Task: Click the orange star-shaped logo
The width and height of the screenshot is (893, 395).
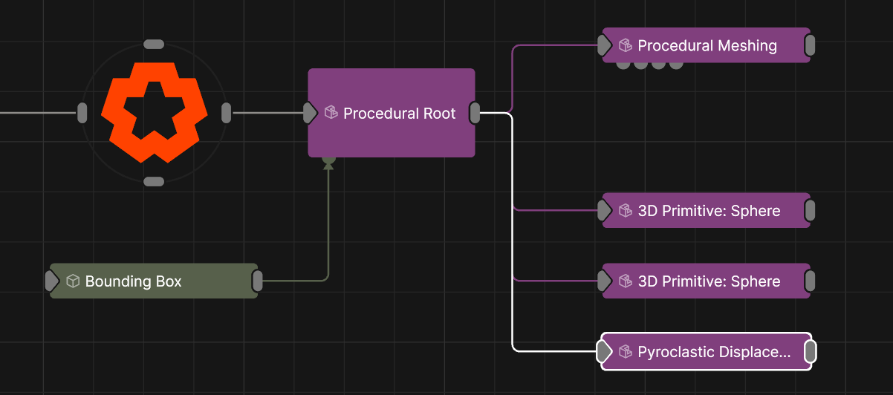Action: [155, 112]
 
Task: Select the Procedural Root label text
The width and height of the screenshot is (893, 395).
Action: [399, 114]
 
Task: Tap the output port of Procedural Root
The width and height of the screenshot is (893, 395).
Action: [475, 113]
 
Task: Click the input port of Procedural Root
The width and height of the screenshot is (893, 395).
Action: [310, 113]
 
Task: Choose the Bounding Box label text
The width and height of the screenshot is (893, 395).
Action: [133, 281]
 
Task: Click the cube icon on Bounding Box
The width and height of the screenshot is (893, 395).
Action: [73, 281]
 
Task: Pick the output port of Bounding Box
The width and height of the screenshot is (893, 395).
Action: [258, 281]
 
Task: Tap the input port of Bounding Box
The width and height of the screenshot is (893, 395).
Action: [52, 281]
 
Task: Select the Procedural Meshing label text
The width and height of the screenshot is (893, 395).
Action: [707, 46]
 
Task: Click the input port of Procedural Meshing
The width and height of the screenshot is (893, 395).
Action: [604, 45]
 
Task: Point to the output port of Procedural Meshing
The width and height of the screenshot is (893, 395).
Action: [810, 45]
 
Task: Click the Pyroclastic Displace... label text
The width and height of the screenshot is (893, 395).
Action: [714, 352]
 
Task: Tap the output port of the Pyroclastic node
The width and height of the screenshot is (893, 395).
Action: [810, 351]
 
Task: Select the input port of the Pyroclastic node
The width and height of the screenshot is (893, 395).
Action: [604, 351]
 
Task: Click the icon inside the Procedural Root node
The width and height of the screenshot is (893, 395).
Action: [331, 112]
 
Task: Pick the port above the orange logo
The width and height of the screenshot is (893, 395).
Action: [154, 45]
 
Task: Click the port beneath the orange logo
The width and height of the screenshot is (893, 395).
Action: [154, 182]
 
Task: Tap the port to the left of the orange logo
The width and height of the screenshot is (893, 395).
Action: [82, 113]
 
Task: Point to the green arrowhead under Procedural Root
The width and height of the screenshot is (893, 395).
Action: [328, 166]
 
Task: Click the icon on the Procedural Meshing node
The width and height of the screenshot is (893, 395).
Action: [625, 45]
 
